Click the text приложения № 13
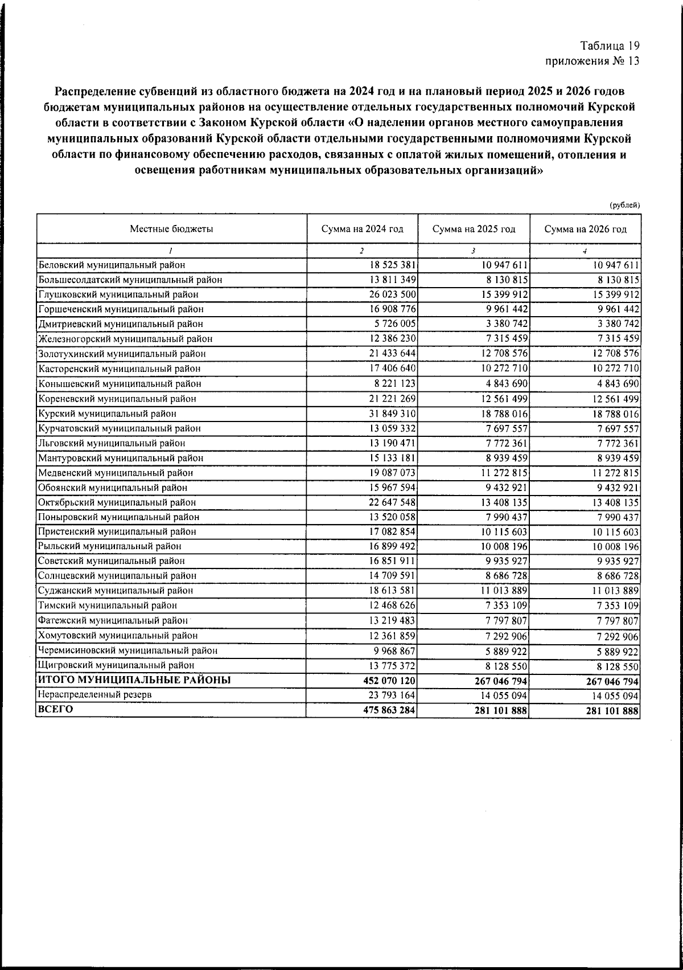593,61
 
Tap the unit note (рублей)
625,205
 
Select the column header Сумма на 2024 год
362,229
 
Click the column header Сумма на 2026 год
585,229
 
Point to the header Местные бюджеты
171,229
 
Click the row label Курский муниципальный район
107,414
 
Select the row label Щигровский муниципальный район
116,665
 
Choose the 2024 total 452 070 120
389,681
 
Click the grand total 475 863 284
389,710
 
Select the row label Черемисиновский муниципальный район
127,650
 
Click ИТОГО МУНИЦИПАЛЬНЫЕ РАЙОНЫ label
134,680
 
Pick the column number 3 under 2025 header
474,250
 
